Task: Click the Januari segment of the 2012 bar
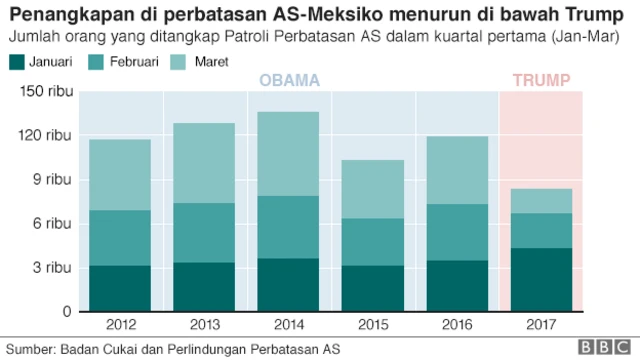(x=119, y=288)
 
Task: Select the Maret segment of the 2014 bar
(x=289, y=154)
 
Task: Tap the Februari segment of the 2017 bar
(x=542, y=230)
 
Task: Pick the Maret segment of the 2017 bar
(x=542, y=201)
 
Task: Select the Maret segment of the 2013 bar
(x=204, y=163)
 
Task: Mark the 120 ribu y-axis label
(x=44, y=136)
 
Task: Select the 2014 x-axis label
(x=289, y=325)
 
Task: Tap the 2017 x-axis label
(x=542, y=325)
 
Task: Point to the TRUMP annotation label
(x=542, y=81)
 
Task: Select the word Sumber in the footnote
(x=30, y=349)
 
